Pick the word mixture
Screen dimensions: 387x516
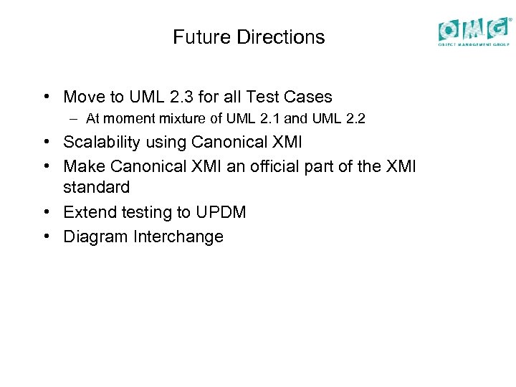(x=178, y=118)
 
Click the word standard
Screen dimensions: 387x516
(x=97, y=188)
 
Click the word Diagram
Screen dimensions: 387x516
(x=96, y=236)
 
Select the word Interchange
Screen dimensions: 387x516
(x=178, y=236)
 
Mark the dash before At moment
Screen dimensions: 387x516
(x=75, y=119)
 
